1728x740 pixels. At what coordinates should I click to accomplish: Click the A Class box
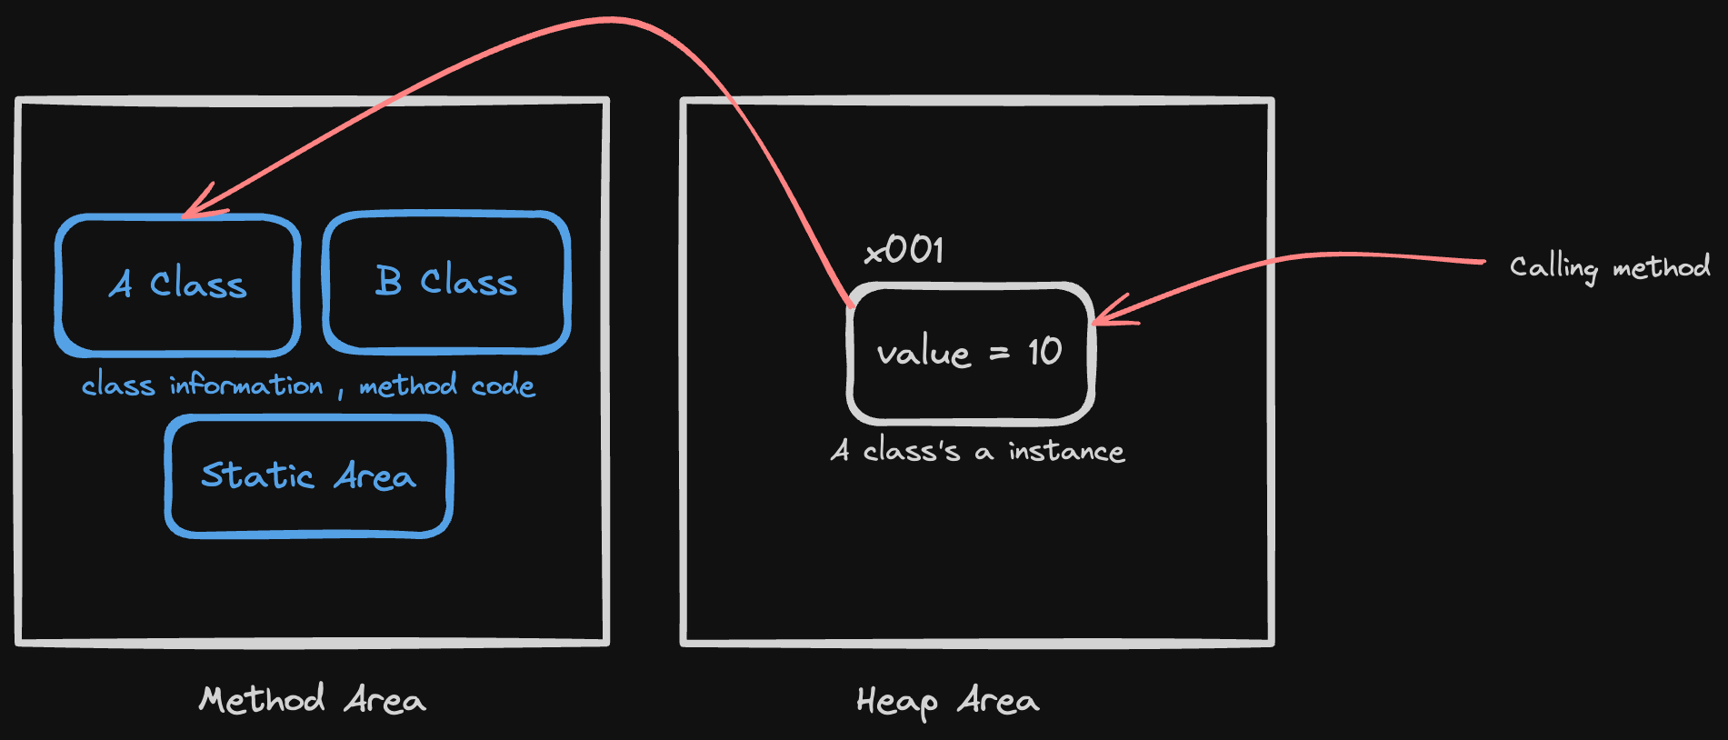click(x=178, y=285)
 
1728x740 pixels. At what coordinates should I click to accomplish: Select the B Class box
click(x=446, y=282)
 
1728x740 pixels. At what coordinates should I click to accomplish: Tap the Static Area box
click(x=309, y=475)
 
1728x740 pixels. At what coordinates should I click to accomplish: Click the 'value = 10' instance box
click(x=971, y=353)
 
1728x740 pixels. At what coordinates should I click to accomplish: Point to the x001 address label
click(x=904, y=250)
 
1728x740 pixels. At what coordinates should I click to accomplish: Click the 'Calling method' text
click(x=1610, y=267)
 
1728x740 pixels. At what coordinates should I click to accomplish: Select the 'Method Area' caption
click(x=312, y=699)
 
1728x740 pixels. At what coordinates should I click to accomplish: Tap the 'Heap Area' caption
click(x=947, y=701)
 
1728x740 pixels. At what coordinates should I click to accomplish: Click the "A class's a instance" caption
click(x=977, y=451)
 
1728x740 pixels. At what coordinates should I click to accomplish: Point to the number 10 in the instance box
click(x=1045, y=352)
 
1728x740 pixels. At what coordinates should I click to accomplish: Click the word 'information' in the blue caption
click(x=246, y=385)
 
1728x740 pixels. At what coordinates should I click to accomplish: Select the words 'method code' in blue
click(x=447, y=385)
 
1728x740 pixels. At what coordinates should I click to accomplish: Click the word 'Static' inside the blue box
click(x=257, y=475)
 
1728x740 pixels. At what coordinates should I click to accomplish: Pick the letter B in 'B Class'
click(x=388, y=281)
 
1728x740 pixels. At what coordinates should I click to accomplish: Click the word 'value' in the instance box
click(x=924, y=353)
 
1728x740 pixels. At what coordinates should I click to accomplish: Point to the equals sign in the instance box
click(x=999, y=353)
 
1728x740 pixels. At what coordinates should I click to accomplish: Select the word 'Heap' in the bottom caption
click(x=897, y=702)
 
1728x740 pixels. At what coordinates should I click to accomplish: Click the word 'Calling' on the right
click(x=1553, y=267)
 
